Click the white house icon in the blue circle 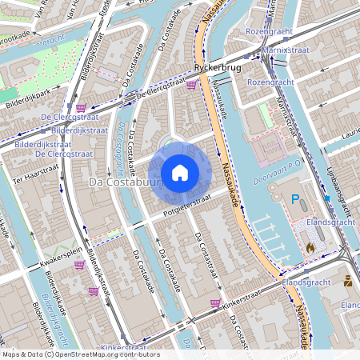pos(179,173)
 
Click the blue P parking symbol pos(296,199)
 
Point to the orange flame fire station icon pos(310,248)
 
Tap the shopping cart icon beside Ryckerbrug pos(192,83)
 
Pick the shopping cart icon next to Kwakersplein pos(80,264)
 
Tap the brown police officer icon pos(348,281)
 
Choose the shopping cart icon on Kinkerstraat pos(214,303)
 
